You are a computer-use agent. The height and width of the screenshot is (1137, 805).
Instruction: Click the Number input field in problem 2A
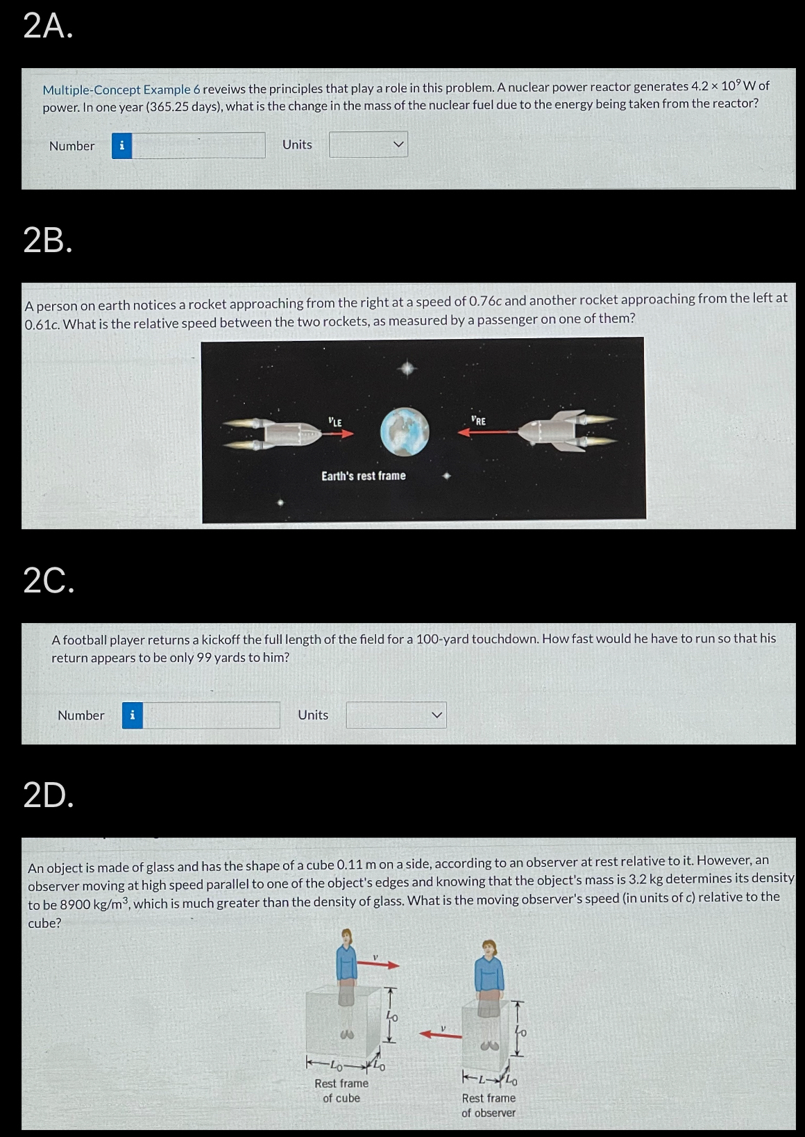(x=198, y=145)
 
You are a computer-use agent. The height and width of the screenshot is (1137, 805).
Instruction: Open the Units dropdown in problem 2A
(x=368, y=144)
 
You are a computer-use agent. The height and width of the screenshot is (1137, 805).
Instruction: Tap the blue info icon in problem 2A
(x=122, y=145)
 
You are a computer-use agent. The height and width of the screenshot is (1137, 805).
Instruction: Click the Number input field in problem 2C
(x=212, y=715)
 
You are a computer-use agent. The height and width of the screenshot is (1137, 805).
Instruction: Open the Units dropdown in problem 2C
(x=396, y=715)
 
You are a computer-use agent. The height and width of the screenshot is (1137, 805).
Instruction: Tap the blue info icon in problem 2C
(x=133, y=715)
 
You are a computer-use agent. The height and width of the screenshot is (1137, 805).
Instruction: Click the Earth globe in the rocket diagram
(x=405, y=431)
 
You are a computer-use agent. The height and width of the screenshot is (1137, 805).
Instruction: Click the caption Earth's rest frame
(x=363, y=476)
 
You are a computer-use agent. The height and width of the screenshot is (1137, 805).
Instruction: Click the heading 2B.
(x=47, y=240)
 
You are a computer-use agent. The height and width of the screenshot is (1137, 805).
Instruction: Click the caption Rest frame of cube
(x=341, y=1090)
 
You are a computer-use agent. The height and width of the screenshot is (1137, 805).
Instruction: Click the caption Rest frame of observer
(x=489, y=1105)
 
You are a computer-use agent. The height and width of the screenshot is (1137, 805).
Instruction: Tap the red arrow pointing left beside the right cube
(x=441, y=1035)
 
